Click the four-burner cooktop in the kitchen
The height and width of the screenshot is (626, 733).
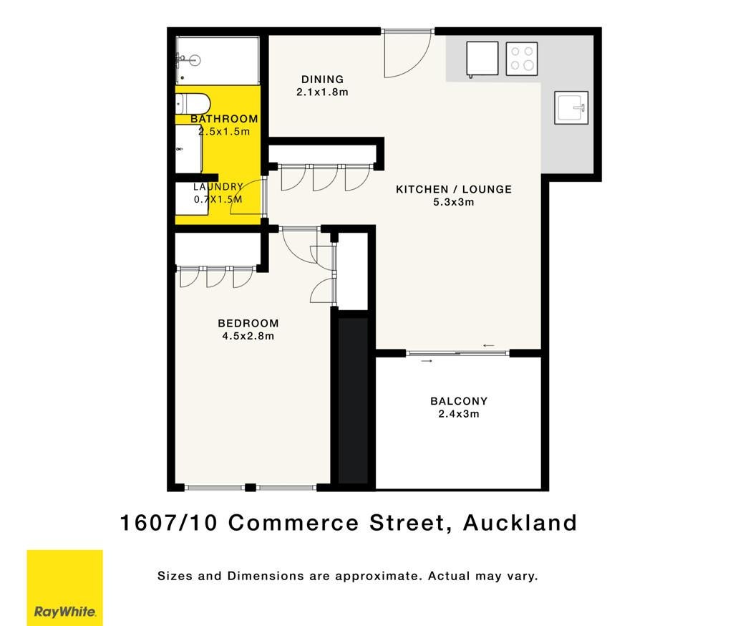click(522, 59)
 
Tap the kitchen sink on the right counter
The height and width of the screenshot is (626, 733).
click(571, 107)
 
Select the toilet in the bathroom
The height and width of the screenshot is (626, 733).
click(193, 103)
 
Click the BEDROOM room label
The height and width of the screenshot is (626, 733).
click(248, 323)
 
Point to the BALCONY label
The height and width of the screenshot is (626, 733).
click(459, 401)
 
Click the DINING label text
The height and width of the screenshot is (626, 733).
click(323, 80)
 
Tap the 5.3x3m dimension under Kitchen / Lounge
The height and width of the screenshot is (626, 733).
click(453, 202)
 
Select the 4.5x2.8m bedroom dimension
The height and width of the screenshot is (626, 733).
click(248, 336)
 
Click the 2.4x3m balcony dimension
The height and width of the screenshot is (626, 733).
click(459, 413)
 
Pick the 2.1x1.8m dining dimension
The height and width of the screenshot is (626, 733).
click(323, 92)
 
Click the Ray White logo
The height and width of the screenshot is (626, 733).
click(64, 587)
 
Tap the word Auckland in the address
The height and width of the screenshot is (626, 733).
click(520, 523)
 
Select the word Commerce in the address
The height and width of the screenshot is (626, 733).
click(293, 523)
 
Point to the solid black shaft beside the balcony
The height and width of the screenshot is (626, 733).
click(353, 400)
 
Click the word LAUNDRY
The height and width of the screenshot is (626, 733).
click(218, 187)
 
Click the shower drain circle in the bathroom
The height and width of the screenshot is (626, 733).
click(196, 60)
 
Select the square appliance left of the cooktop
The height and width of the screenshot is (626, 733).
click(482, 59)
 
